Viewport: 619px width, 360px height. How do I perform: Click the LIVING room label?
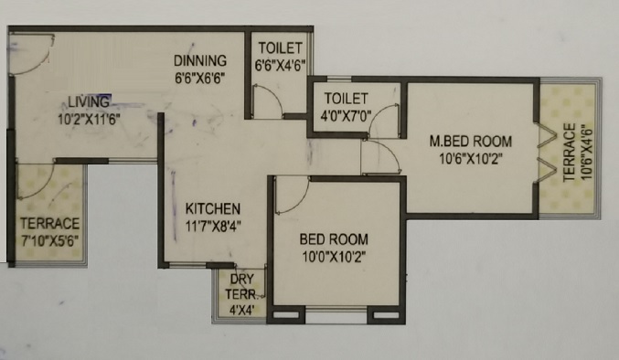(x=89, y=102)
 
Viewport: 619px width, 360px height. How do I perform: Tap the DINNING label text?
(x=200, y=60)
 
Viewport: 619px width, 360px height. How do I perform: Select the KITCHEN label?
(x=213, y=208)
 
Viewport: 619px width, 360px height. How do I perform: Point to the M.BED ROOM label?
(x=471, y=141)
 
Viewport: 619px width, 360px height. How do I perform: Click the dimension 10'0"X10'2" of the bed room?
(x=334, y=257)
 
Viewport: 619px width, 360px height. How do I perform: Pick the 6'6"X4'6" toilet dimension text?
(x=281, y=66)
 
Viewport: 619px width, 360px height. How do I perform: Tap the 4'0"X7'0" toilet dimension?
(x=346, y=116)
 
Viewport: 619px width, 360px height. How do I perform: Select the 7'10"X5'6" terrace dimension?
(x=49, y=240)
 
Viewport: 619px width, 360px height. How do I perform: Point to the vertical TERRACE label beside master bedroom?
(x=569, y=153)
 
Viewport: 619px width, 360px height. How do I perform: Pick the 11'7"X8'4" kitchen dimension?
(x=213, y=227)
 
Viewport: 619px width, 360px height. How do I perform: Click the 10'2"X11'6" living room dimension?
(x=89, y=119)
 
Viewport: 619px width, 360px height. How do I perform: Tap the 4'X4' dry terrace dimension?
(x=241, y=309)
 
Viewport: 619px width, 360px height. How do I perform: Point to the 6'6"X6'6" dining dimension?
(x=200, y=78)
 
